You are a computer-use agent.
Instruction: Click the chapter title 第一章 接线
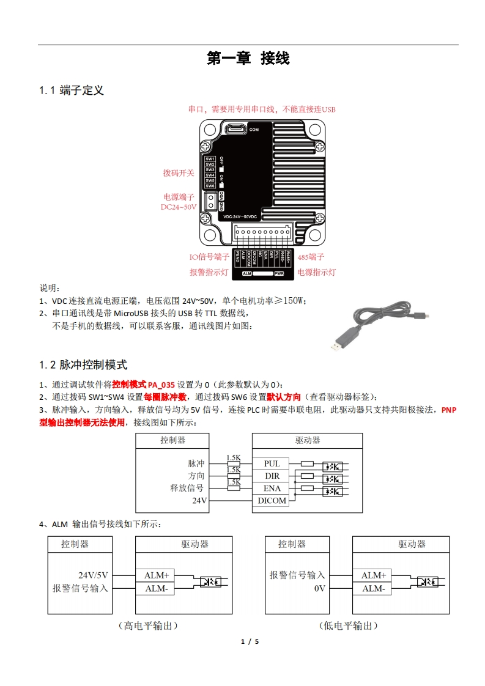pyautogui.click(x=248, y=59)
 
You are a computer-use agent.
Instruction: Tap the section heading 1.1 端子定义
pyautogui.click(x=72, y=90)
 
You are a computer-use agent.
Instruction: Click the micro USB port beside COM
pyautogui.click(x=235, y=129)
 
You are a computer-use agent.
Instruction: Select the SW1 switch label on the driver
pyautogui.click(x=210, y=158)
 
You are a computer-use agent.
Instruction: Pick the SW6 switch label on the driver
pyautogui.click(x=210, y=186)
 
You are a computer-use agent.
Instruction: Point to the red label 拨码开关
pyautogui.click(x=178, y=173)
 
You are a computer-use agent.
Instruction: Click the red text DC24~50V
pyautogui.click(x=179, y=207)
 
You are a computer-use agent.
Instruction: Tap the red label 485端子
pyautogui.click(x=311, y=257)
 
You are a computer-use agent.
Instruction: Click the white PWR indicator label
pyautogui.click(x=287, y=274)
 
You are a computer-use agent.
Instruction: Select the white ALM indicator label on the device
pyautogui.click(x=247, y=274)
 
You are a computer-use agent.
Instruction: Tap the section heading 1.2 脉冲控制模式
pyautogui.click(x=83, y=365)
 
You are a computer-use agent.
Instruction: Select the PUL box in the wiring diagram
pyautogui.click(x=272, y=464)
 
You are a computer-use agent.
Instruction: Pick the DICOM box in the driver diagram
pyautogui.click(x=272, y=501)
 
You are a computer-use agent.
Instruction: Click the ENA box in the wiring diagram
pyautogui.click(x=272, y=489)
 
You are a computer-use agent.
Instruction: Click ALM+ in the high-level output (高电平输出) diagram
pyautogui.click(x=157, y=575)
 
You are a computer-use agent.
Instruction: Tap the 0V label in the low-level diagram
pyautogui.click(x=319, y=589)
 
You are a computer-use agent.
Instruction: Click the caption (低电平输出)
pyautogui.click(x=348, y=625)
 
